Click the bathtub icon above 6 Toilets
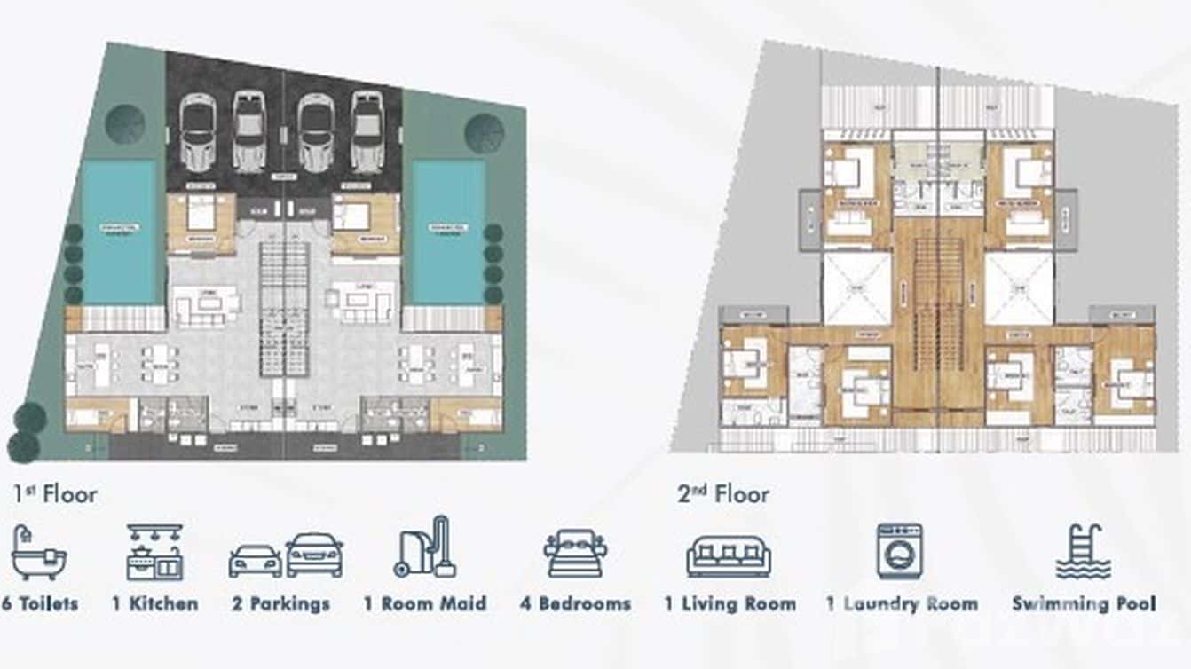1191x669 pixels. click(38, 554)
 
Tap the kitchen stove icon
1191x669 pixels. click(154, 553)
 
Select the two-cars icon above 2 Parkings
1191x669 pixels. click(286, 555)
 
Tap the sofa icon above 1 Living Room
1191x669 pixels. click(729, 555)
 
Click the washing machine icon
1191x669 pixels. click(900, 552)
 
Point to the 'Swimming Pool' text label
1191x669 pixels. click(1084, 604)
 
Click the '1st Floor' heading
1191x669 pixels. click(55, 493)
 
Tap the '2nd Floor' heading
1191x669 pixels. click(723, 493)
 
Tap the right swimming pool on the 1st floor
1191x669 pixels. click(448, 232)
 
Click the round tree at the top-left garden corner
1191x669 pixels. click(125, 124)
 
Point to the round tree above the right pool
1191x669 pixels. click(485, 133)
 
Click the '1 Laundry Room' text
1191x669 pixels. click(902, 604)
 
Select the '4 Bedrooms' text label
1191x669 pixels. click(575, 604)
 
